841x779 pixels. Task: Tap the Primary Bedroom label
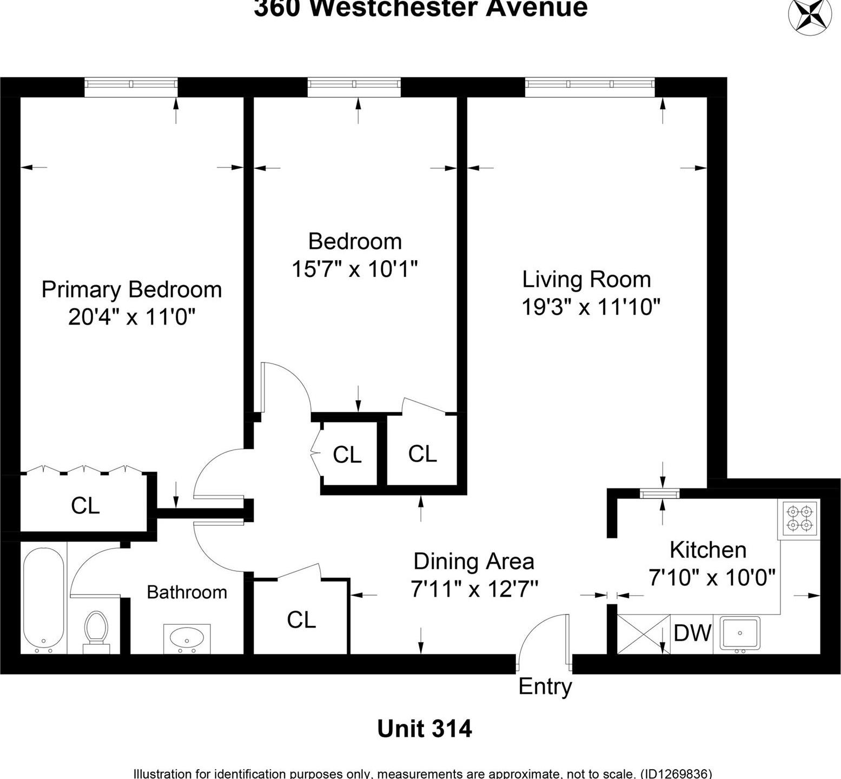[131, 289]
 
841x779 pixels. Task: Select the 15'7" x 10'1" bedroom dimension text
[355, 269]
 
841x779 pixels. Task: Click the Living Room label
[586, 280]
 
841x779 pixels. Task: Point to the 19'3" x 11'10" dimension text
[591, 307]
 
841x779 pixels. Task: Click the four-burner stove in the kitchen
[799, 518]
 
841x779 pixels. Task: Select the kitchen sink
[740, 632]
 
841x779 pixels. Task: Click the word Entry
[545, 686]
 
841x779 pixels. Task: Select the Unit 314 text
[424, 729]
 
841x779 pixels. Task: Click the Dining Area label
[474, 562]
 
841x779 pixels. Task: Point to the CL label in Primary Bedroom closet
[85, 506]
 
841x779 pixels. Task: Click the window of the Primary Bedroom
[131, 84]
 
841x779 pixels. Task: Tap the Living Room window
[590, 84]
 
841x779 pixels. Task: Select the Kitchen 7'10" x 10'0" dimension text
[712, 578]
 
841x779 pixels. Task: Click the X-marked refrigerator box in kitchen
[643, 633]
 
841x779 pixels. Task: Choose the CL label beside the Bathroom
[301, 620]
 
